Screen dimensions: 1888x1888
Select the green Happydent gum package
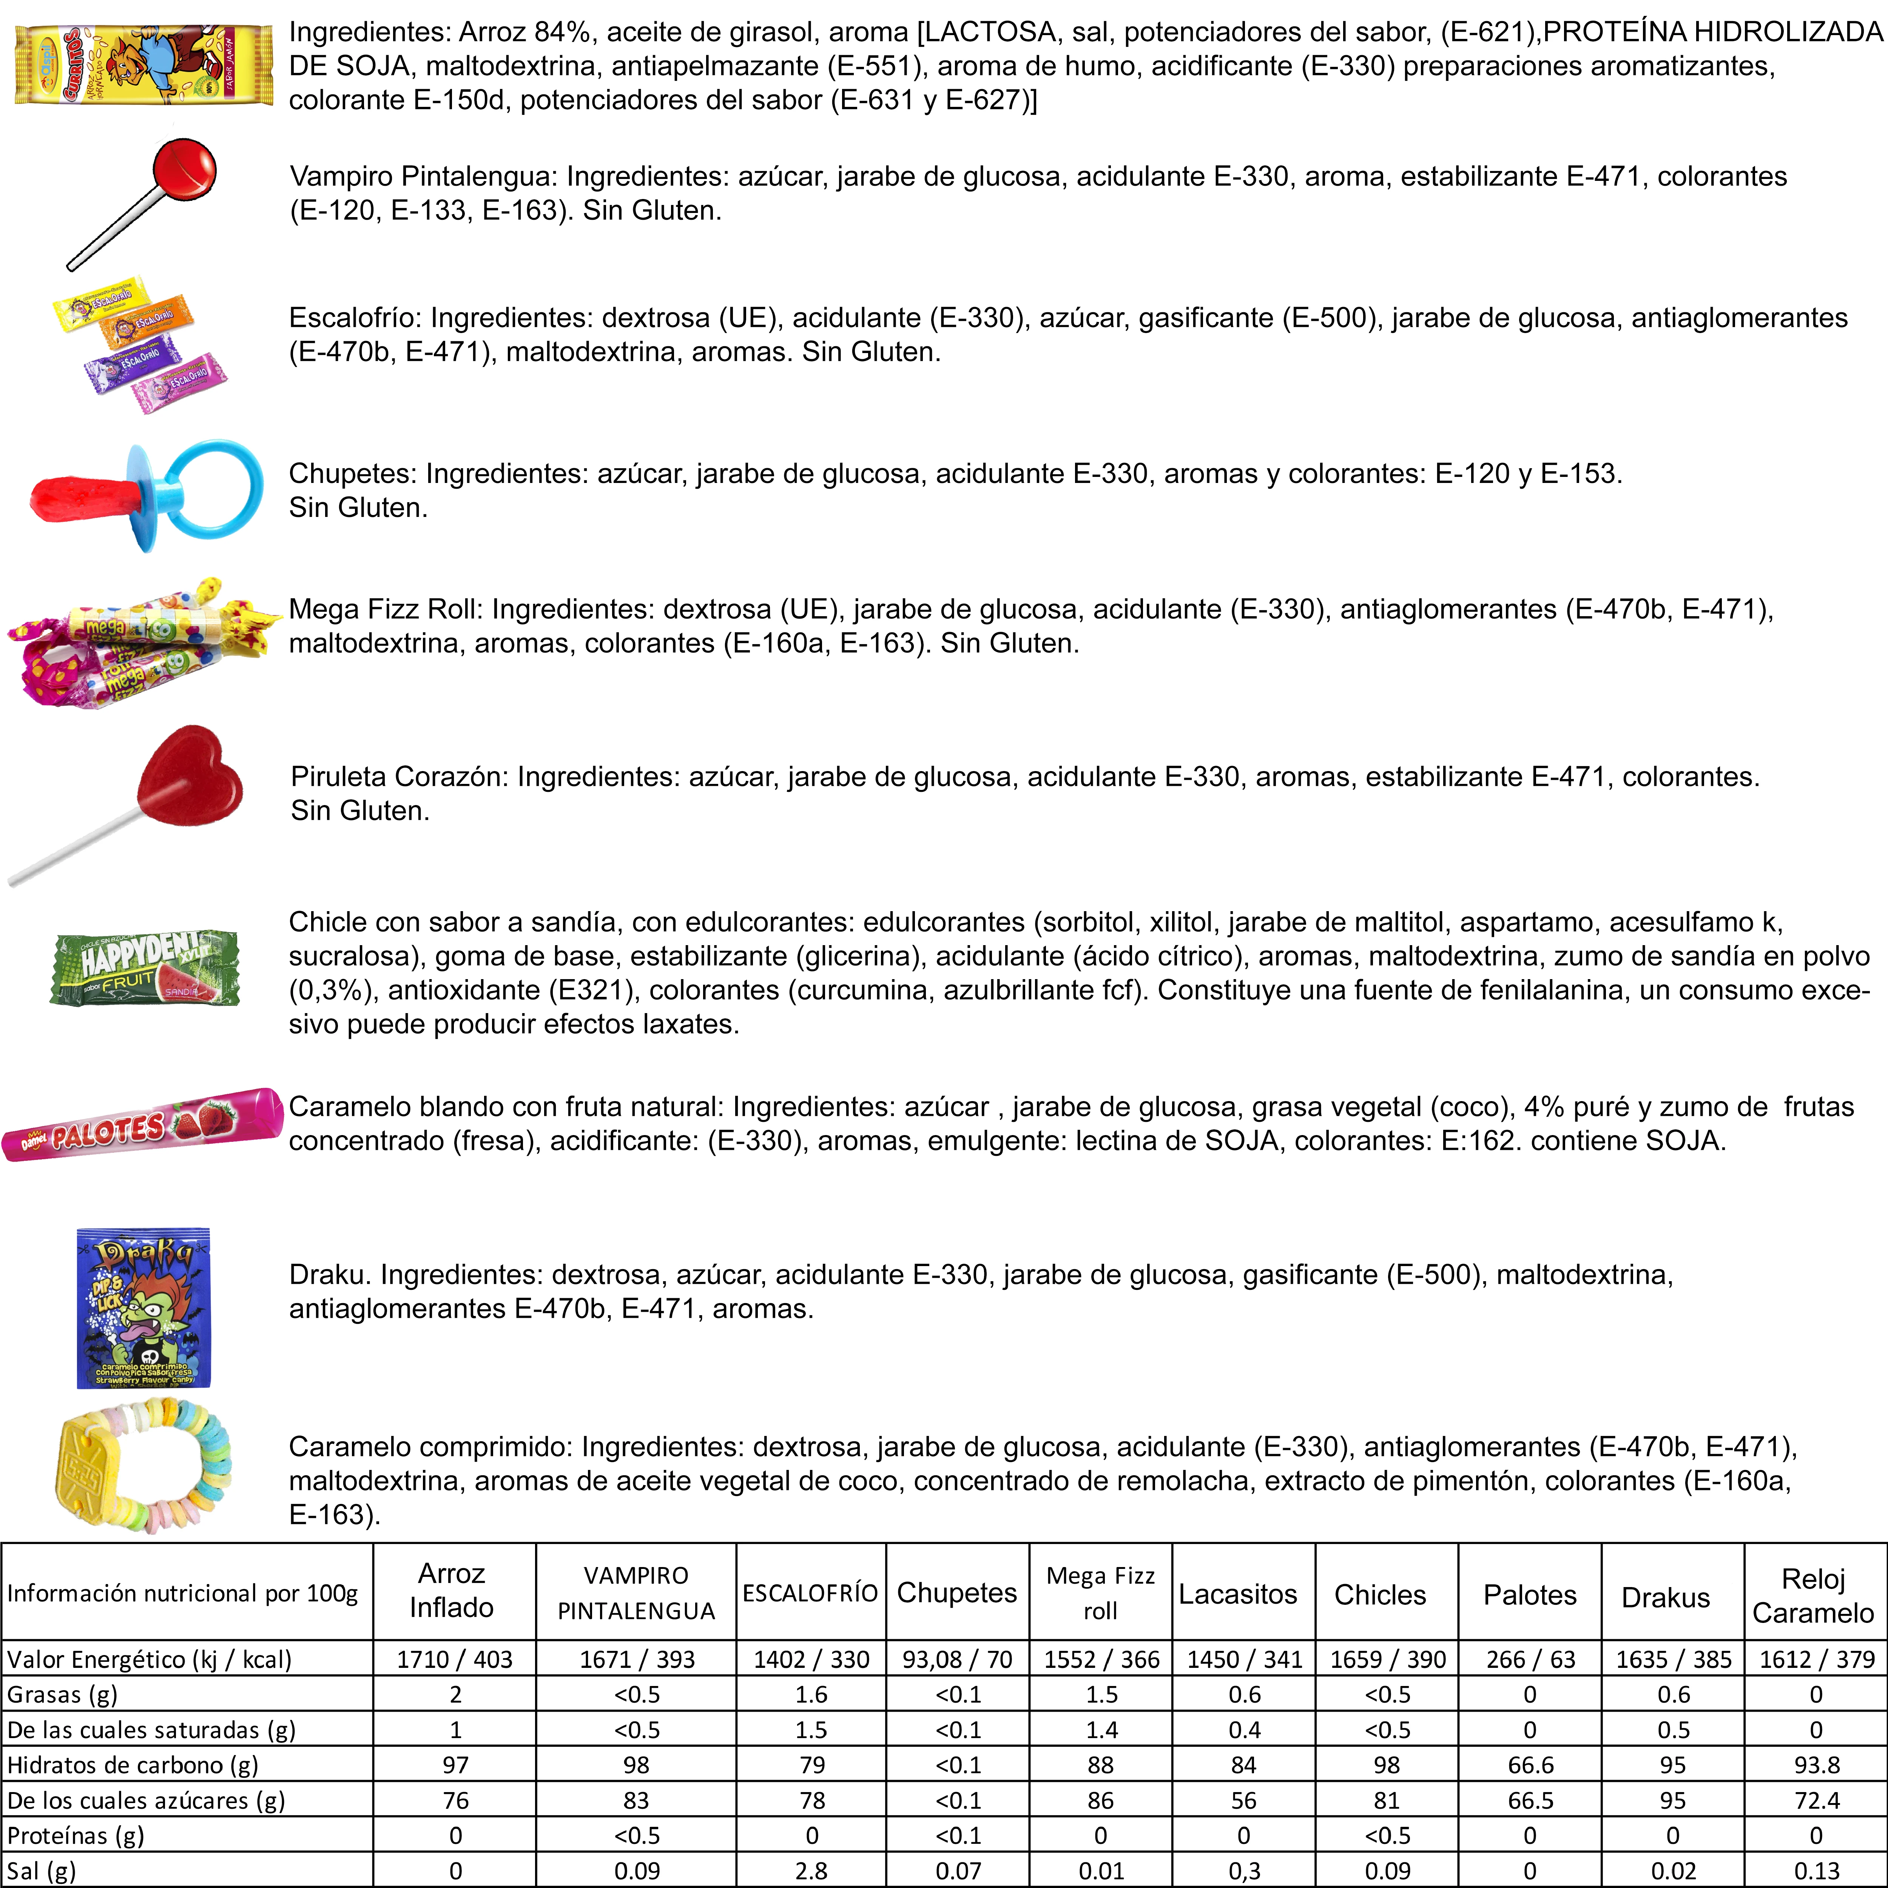pos(145,969)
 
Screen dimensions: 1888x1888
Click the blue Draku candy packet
pos(143,1308)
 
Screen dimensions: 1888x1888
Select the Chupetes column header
pos(957,1593)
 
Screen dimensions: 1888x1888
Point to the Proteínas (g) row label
pos(76,1835)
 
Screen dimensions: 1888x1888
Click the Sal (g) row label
pos(41,1870)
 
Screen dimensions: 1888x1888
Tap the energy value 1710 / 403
pos(454,1659)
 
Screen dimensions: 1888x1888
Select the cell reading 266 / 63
pos(1530,1659)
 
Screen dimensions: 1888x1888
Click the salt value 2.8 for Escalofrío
pos(811,1870)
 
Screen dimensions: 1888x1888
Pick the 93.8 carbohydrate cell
pos(1816,1765)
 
